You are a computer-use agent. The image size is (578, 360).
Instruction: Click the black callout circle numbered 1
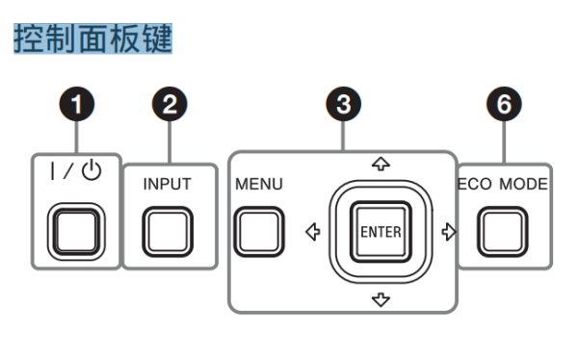pos(77,104)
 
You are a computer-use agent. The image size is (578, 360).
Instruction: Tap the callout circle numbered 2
pos(170,104)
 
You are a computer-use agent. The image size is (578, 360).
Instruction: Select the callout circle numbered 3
pos(344,104)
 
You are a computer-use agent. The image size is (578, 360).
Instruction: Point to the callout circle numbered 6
pos(504,104)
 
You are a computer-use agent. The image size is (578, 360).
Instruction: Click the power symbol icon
pos(92,170)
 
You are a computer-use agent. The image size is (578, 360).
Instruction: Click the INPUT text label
pos(167,184)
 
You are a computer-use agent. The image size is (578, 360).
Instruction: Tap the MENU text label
pos(259,184)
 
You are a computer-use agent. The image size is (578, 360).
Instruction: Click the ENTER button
pos(381,232)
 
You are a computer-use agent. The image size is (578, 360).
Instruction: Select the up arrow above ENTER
pos(381,164)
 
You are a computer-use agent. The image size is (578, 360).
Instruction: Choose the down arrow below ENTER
pos(381,300)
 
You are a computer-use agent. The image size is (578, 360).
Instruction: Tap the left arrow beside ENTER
pos(313,232)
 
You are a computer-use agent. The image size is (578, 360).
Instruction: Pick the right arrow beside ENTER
pos(449,232)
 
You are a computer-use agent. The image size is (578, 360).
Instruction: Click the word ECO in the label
pos(475,184)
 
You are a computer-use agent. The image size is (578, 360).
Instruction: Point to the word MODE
pos(523,184)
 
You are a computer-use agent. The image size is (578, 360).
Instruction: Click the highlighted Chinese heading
pos(92,39)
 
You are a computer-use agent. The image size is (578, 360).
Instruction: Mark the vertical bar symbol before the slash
pos(53,171)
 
